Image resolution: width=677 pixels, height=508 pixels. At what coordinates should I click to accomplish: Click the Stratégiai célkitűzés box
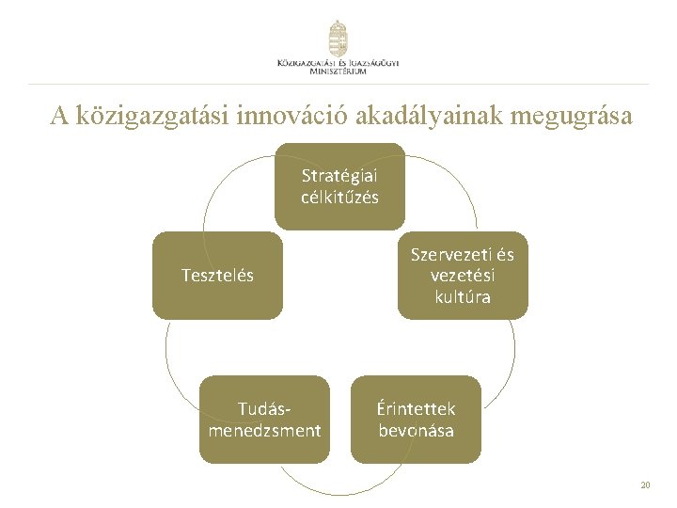pyautogui.click(x=339, y=186)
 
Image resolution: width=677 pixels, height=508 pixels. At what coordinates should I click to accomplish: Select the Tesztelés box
pyautogui.click(x=217, y=276)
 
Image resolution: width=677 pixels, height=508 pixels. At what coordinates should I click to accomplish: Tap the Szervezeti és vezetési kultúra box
pyautogui.click(x=463, y=276)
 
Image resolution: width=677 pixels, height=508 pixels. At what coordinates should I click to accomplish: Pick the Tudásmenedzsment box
pyautogui.click(x=264, y=420)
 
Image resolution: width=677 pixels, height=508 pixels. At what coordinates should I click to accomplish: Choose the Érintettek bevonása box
pyautogui.click(x=416, y=420)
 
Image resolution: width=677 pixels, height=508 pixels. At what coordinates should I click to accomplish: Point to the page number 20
pyautogui.click(x=644, y=485)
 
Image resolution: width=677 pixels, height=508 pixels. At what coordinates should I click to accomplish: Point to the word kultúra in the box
pyautogui.click(x=463, y=297)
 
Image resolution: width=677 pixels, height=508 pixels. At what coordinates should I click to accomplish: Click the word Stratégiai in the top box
pyautogui.click(x=339, y=175)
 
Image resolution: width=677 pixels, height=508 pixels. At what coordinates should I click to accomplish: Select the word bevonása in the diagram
pyautogui.click(x=416, y=431)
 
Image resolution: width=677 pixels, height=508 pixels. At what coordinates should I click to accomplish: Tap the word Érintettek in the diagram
pyautogui.click(x=416, y=409)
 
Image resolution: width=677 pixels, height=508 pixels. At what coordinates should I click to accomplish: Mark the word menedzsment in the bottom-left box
pyautogui.click(x=264, y=431)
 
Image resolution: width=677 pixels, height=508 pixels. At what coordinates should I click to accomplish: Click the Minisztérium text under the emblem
pyautogui.click(x=338, y=71)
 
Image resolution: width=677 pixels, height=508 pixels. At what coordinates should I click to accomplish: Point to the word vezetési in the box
pyautogui.click(x=463, y=276)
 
